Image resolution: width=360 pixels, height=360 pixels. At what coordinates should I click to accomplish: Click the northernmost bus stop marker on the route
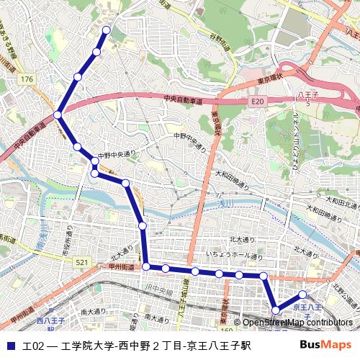coord(107,30)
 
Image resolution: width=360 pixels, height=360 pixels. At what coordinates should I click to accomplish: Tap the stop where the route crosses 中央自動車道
coord(58,114)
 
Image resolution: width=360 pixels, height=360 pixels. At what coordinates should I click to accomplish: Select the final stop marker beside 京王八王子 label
coord(303,294)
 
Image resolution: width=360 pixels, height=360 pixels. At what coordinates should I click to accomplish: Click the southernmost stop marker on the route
coord(276,310)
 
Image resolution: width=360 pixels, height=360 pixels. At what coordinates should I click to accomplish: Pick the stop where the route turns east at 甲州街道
coord(146,267)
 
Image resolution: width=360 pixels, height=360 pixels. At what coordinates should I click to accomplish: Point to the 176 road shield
coord(27,78)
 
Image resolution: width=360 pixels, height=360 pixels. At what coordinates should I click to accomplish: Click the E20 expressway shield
coord(258,103)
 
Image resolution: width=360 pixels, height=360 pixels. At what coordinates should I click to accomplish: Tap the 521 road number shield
coord(83,264)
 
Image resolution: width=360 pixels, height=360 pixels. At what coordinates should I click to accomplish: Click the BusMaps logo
coord(330,346)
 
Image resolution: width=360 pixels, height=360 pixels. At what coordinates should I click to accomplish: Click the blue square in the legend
coord(11,346)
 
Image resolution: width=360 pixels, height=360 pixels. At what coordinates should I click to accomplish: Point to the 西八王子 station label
coord(50,322)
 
